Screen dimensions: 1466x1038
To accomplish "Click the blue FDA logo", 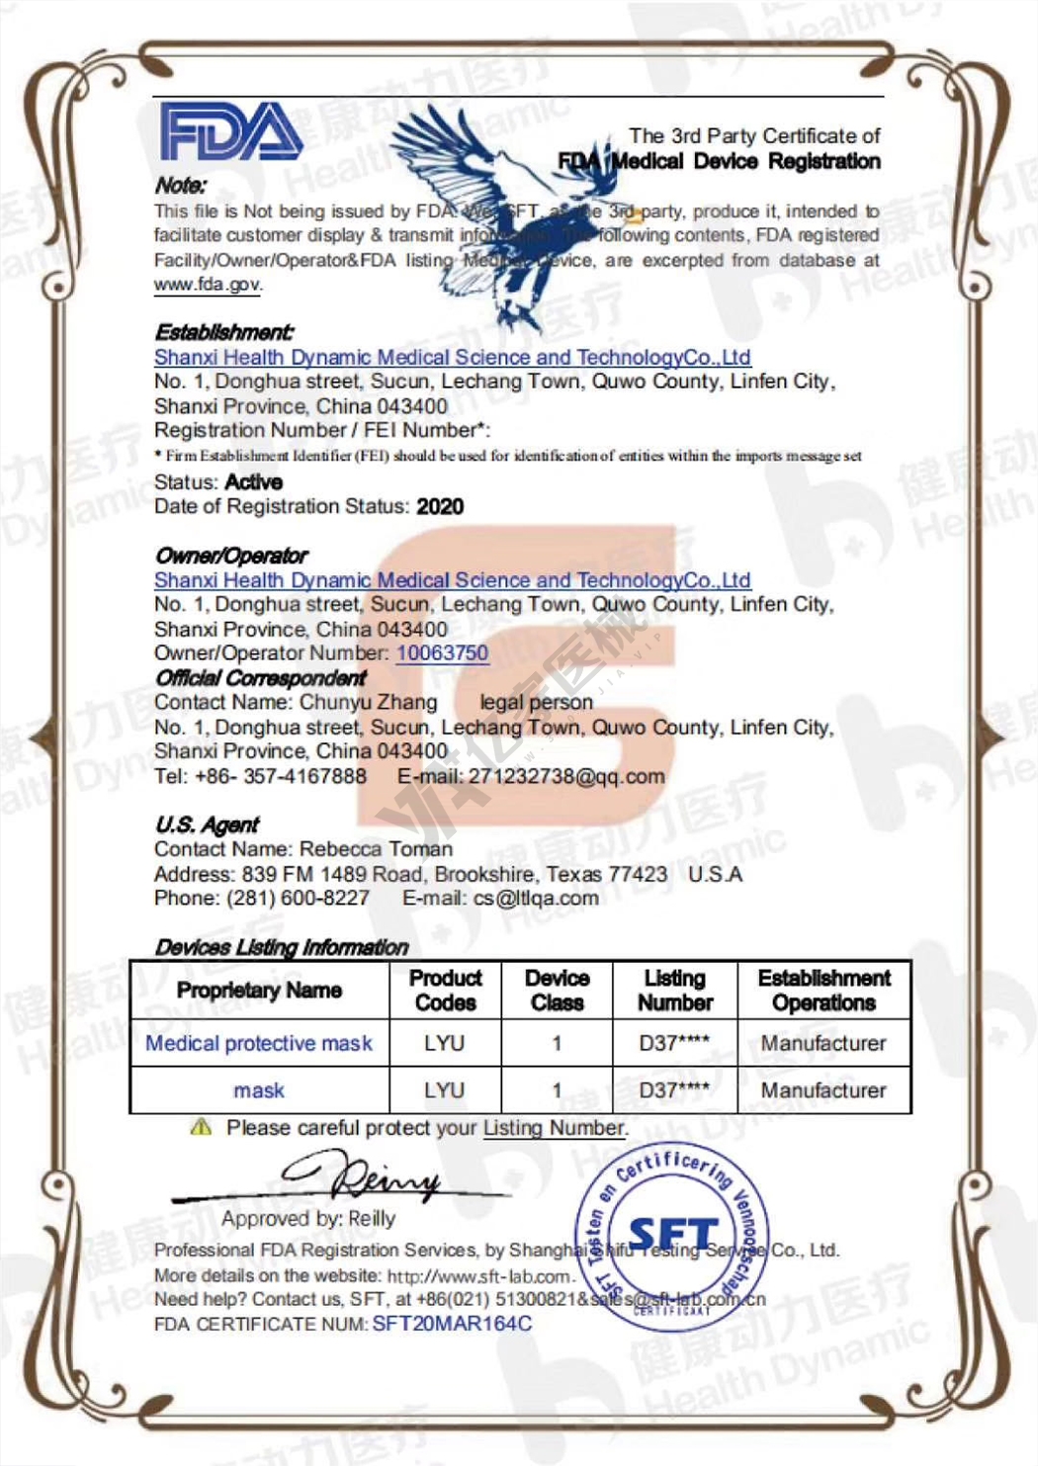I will click(230, 132).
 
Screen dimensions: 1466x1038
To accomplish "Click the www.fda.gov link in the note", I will click(207, 285).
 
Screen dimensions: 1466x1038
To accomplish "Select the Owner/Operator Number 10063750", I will click(442, 653).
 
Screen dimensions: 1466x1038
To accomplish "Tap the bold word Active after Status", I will click(254, 482).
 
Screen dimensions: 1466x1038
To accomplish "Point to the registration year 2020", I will click(440, 507).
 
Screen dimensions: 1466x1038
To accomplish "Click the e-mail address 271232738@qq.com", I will click(565, 777).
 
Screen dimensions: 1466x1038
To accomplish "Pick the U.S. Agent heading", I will click(207, 824).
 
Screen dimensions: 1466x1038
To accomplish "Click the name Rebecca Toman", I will click(376, 849).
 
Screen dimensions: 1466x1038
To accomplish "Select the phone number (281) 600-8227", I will click(298, 899).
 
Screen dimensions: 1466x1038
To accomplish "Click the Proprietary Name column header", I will click(259, 991).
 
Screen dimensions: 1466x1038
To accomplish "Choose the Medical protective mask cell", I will click(259, 1044).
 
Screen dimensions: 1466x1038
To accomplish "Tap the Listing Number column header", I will click(675, 991).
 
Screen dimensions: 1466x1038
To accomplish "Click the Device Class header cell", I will click(557, 991).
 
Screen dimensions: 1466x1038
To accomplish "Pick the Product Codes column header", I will click(445, 991).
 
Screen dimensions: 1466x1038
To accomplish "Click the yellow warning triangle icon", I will click(201, 1127).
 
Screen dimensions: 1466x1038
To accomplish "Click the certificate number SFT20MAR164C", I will click(452, 1324).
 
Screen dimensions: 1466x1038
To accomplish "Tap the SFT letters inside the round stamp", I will click(672, 1235).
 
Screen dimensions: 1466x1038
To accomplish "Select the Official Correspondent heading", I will click(261, 678).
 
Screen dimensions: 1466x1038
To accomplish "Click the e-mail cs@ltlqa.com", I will click(536, 899).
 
